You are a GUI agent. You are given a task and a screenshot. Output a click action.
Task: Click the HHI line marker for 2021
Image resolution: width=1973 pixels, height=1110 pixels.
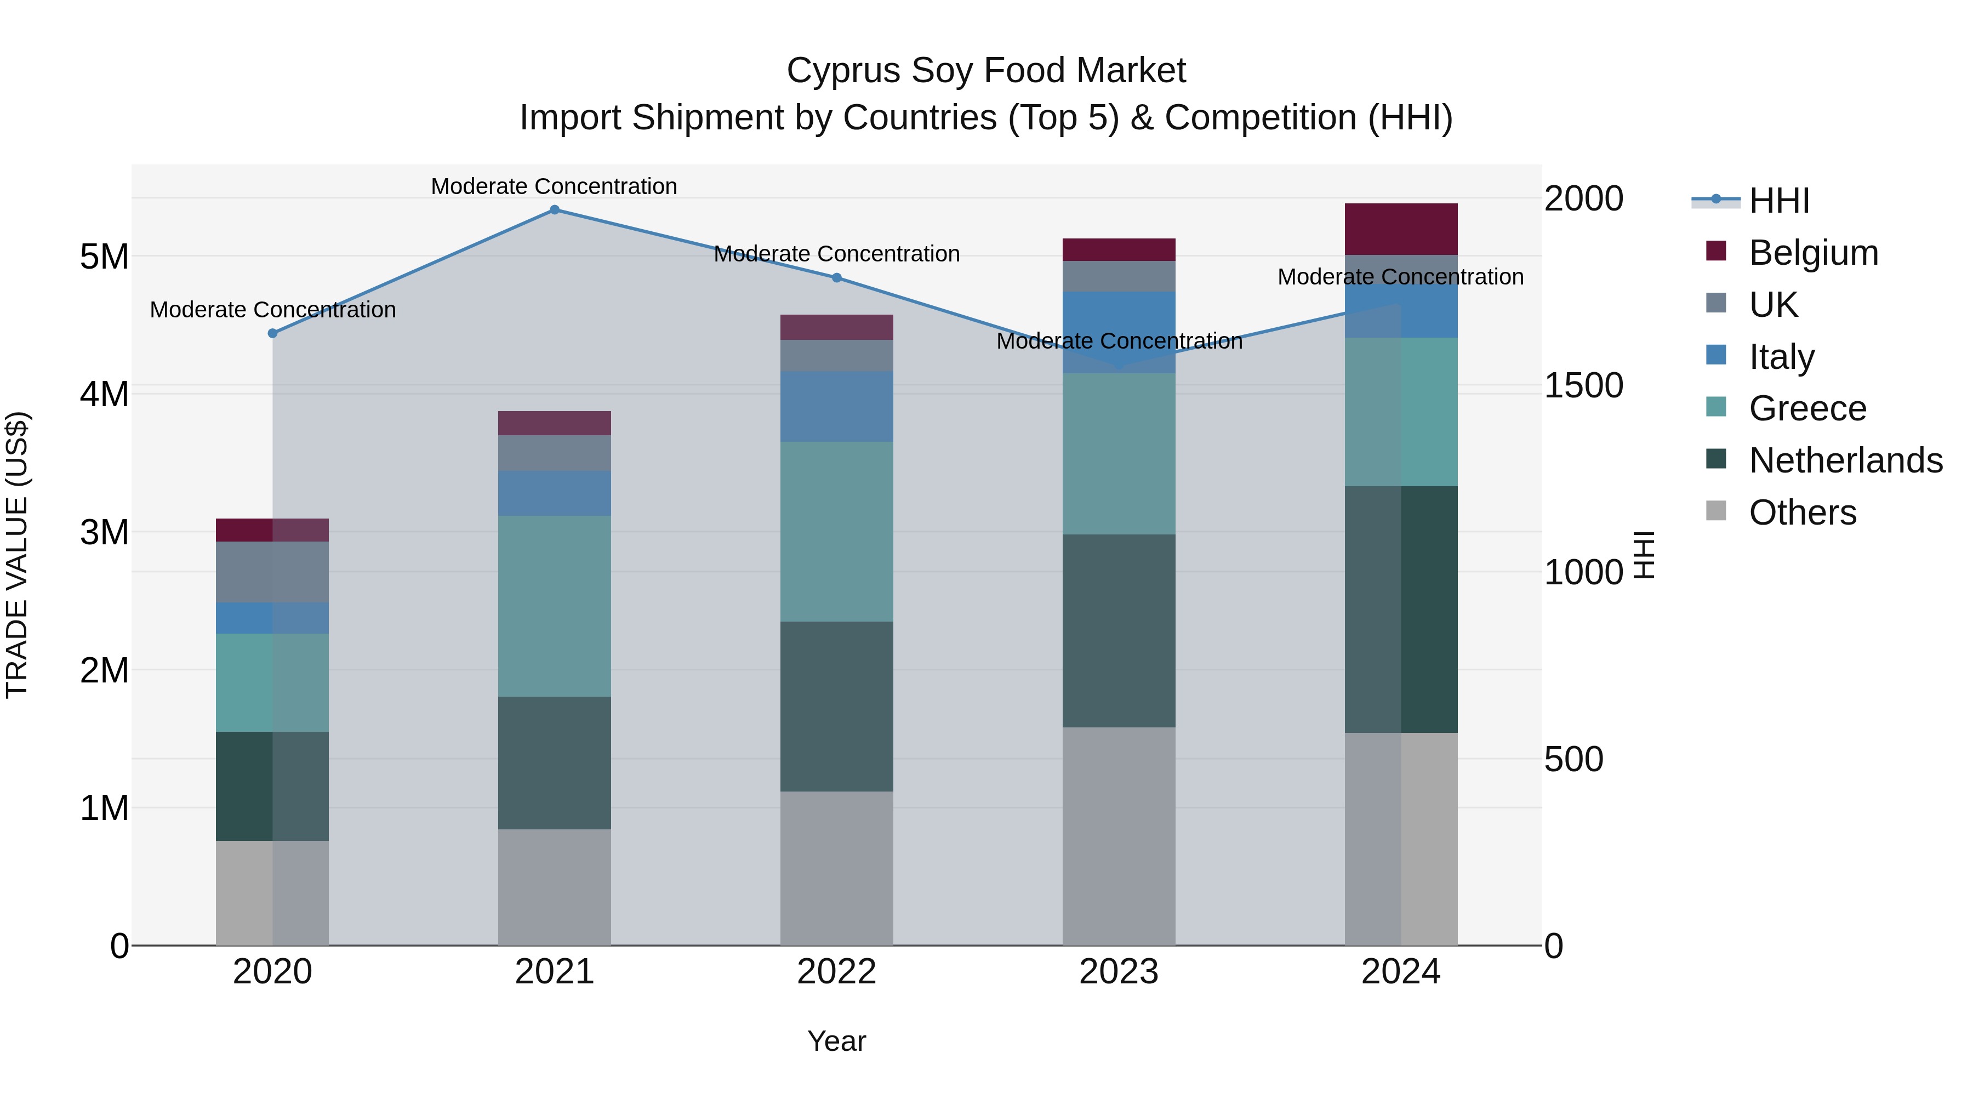(x=555, y=210)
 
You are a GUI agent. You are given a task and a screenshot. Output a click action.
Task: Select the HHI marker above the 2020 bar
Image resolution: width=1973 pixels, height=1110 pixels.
(x=273, y=333)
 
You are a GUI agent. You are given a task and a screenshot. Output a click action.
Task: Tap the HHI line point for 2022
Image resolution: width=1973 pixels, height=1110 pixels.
(x=836, y=278)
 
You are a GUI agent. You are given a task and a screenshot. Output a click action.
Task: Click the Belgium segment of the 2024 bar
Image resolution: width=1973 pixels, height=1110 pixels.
(x=1401, y=229)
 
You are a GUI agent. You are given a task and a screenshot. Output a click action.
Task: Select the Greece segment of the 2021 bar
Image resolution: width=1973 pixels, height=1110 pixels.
(x=555, y=606)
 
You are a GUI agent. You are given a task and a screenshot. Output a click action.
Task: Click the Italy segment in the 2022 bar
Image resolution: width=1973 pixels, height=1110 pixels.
(x=836, y=406)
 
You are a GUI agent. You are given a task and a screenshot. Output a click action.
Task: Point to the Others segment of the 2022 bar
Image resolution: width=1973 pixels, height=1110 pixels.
(x=836, y=868)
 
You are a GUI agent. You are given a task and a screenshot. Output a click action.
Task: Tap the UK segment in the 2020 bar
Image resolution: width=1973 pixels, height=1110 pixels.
(x=273, y=572)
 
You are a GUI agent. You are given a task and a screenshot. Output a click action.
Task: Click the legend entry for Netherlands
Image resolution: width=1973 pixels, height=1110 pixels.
(x=1845, y=460)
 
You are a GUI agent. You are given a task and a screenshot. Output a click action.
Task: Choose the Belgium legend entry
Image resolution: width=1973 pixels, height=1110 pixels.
(x=1813, y=253)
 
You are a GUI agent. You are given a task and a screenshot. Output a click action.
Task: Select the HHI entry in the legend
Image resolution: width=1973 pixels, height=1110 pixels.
(x=1778, y=201)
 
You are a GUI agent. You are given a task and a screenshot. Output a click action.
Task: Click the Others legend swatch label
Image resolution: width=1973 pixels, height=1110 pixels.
(x=1802, y=513)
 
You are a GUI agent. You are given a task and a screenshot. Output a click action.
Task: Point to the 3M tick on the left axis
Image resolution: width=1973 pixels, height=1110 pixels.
(x=105, y=532)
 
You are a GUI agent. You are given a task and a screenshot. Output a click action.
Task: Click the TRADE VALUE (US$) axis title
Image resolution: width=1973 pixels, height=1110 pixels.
(x=17, y=555)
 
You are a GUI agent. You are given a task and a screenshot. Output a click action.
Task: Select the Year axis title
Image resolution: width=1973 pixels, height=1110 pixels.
(x=836, y=1041)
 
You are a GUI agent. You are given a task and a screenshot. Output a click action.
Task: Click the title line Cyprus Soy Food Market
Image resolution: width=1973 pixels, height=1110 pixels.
(x=986, y=71)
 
